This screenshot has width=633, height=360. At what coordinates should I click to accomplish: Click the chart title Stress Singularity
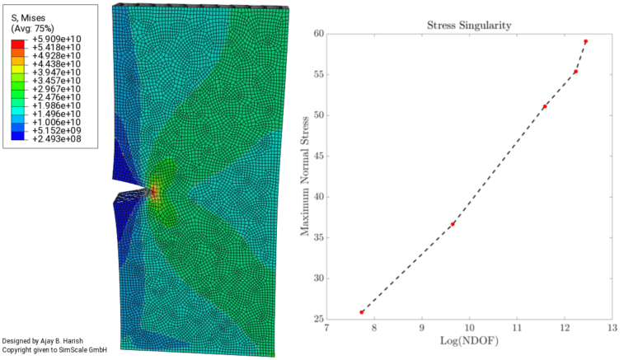click(469, 25)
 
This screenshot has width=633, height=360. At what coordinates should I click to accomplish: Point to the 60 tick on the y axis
click(318, 34)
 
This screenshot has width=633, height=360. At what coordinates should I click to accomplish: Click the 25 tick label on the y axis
click(318, 319)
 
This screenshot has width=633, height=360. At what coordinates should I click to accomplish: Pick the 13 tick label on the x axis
click(612, 329)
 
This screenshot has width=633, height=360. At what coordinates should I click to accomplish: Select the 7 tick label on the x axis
click(326, 329)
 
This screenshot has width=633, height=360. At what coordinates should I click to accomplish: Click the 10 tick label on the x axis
click(469, 329)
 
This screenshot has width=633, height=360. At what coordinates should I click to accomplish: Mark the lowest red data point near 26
click(362, 312)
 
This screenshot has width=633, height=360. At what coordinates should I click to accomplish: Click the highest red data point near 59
click(585, 41)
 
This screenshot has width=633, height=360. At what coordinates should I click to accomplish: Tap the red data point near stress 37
click(452, 224)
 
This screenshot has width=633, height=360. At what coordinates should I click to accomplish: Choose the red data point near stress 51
click(545, 106)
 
